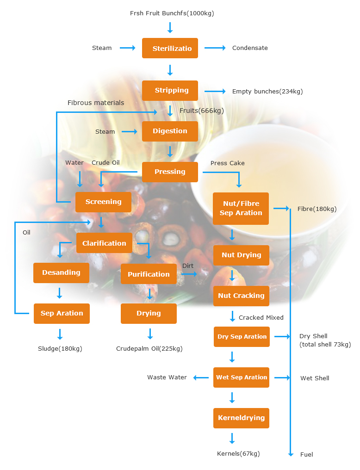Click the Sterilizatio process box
tap(170, 48)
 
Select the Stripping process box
tap(170, 90)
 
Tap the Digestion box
tap(170, 131)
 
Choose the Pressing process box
tap(170, 172)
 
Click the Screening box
tap(103, 202)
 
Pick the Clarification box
tap(104, 243)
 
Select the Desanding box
tap(61, 272)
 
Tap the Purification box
tap(149, 274)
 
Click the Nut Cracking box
tap(241, 296)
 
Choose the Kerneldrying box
tap(241, 418)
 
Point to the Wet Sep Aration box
tap(241, 377)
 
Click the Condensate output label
tap(250, 48)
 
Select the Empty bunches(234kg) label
tap(267, 92)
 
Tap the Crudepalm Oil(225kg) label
tap(149, 349)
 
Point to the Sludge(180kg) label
tap(60, 349)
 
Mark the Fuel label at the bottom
tap(307, 454)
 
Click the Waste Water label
tap(167, 377)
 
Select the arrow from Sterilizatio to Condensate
tap(215, 48)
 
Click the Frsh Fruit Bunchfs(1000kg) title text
tap(172, 13)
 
